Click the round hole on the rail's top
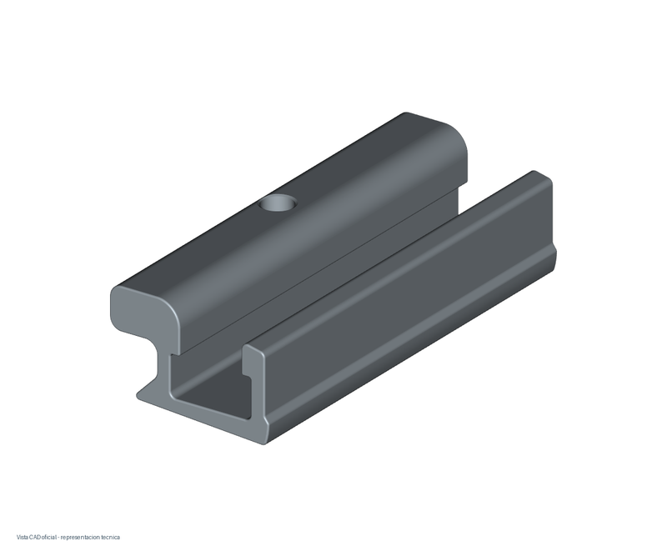point(278,203)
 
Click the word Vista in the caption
point(22,538)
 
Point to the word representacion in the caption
point(80,538)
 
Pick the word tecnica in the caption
point(111,538)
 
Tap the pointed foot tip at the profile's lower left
point(138,396)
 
